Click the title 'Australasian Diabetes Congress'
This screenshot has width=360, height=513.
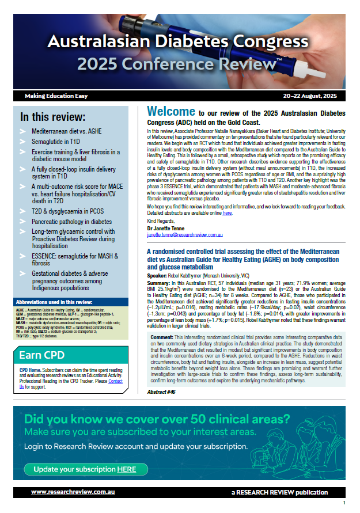[x=178, y=41]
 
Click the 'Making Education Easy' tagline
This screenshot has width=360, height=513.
[x=55, y=96]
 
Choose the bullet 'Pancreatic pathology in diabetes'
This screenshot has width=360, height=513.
[x=72, y=221]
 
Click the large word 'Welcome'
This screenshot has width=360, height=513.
[x=172, y=111]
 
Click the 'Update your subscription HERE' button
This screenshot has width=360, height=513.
[x=84, y=469]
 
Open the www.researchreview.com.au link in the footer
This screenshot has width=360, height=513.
[x=71, y=492]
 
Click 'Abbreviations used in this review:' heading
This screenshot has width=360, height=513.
[x=53, y=301]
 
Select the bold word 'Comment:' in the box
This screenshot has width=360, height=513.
[x=162, y=336]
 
